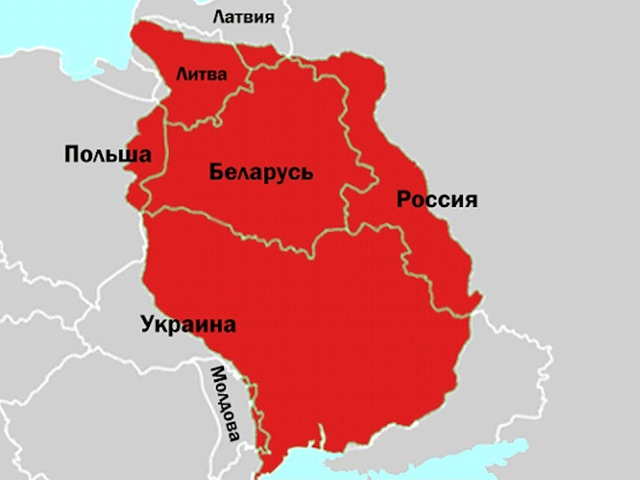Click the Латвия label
point(244,17)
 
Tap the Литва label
point(201,74)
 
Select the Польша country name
point(107,154)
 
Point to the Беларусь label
point(261,172)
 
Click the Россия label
point(437,200)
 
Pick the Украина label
point(188,325)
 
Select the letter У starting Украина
point(148,326)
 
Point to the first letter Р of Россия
point(404,200)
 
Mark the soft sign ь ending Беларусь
point(307,172)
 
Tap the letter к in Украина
point(162,326)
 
